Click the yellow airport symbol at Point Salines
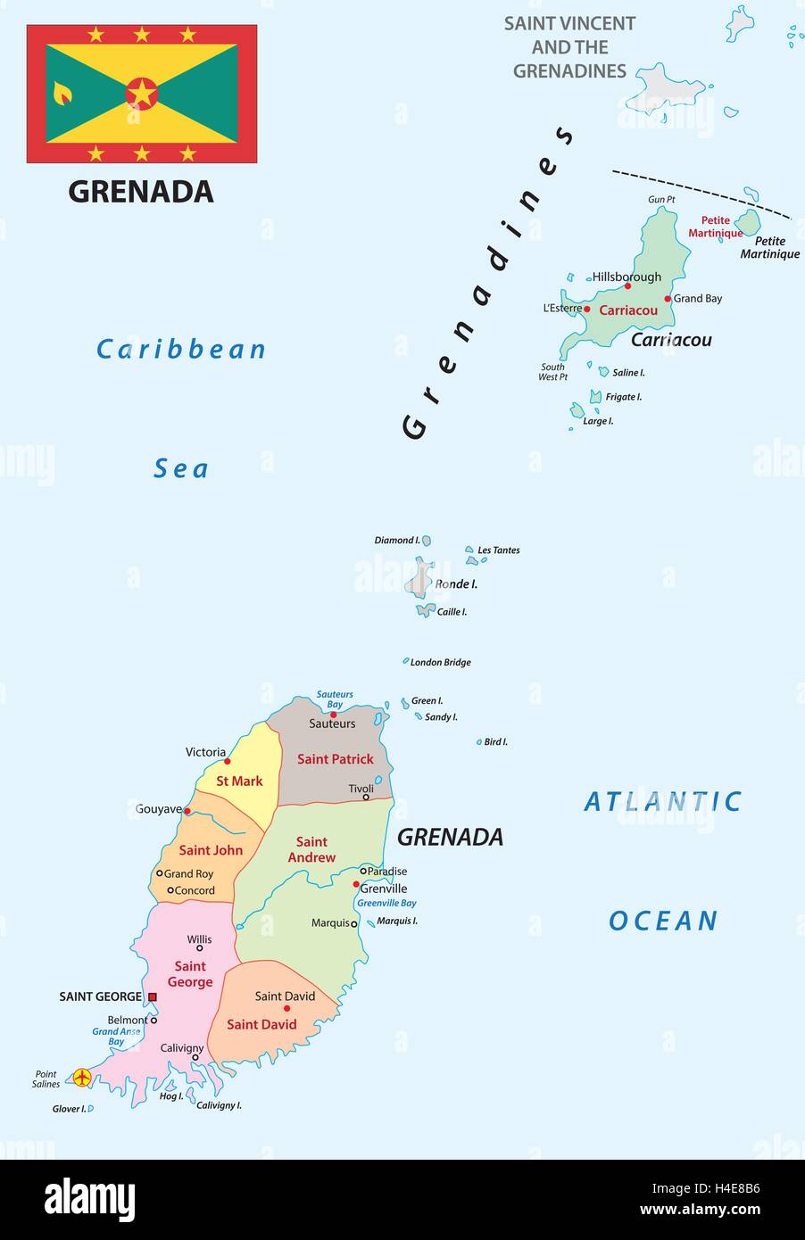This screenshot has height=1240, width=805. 81,1078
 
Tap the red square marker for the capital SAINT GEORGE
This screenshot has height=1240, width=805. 152,996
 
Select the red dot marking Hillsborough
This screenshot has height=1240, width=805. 627,286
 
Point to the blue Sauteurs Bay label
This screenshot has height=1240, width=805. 335,699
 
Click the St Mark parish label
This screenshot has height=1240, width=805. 239,781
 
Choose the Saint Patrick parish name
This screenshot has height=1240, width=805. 335,759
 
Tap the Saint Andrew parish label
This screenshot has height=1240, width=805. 311,849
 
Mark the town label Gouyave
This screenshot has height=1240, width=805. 158,809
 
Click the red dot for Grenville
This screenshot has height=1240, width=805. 356,885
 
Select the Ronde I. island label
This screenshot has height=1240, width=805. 456,584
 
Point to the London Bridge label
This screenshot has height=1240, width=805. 440,663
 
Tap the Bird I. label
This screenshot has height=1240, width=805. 495,742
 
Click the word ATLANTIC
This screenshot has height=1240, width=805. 662,802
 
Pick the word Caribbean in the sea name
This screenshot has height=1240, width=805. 181,349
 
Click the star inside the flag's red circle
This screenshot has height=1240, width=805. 141,94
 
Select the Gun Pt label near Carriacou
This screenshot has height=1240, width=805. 661,200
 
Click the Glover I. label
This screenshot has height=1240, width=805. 69,1109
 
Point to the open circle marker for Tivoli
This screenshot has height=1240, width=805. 366,797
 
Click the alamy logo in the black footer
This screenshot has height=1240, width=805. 89,1199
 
